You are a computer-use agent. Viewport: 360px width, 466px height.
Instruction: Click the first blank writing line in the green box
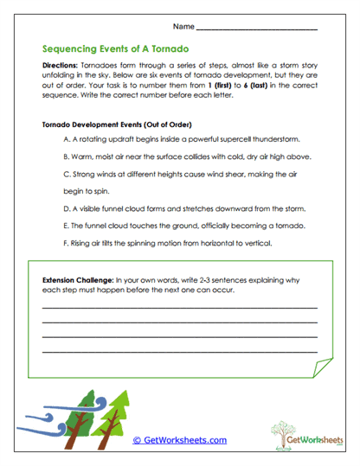click(x=179, y=308)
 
